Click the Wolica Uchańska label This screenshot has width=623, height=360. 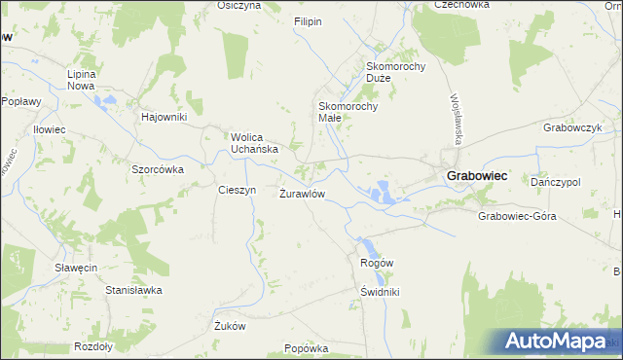(255, 143)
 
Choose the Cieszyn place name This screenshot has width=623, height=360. (237, 190)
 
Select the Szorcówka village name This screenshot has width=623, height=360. (158, 168)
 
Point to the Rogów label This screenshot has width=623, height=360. (377, 263)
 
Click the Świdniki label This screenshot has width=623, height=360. (380, 292)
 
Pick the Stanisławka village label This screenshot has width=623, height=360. (133, 290)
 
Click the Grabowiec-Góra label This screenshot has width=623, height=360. (517, 216)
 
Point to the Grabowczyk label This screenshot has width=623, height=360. (573, 127)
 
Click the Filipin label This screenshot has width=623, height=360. (308, 21)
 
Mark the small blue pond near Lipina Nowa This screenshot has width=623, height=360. (110, 99)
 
